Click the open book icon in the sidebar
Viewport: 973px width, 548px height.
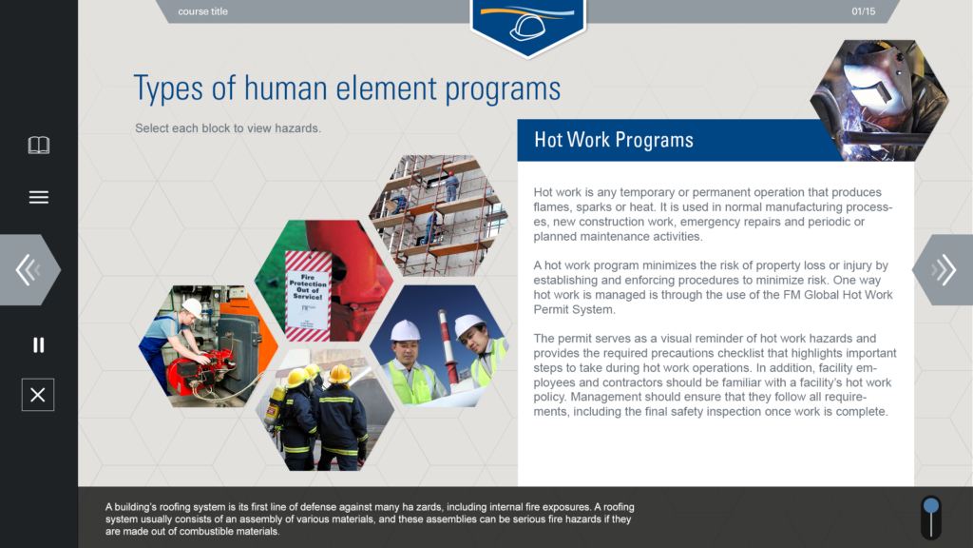pos(38,145)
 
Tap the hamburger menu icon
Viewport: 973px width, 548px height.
pos(38,197)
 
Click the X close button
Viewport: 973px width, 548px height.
pos(38,395)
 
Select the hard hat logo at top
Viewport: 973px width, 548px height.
pos(527,25)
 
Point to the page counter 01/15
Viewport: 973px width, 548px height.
pos(863,11)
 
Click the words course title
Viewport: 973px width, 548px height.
pos(203,11)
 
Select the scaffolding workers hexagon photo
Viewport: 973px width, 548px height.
pos(439,216)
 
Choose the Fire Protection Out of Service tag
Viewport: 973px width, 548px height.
pos(308,296)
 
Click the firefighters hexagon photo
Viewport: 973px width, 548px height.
pos(325,409)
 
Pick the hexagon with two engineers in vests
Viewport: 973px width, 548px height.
pos(439,345)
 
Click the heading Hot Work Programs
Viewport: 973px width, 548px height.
pos(614,140)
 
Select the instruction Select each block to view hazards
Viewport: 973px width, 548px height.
pos(228,128)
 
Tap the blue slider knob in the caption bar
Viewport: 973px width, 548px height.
pos(931,506)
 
